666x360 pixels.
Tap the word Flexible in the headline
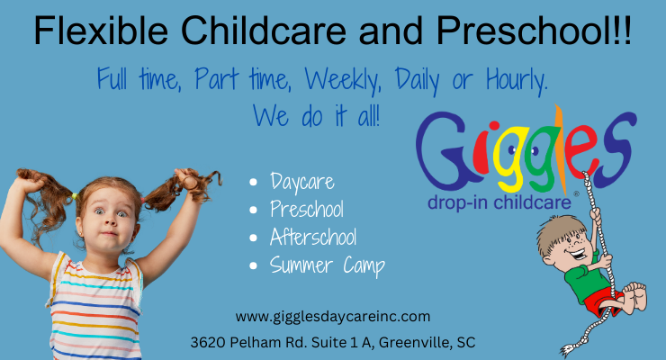(x=101, y=31)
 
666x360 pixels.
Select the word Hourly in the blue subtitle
(x=517, y=81)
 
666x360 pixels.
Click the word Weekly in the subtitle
(x=343, y=81)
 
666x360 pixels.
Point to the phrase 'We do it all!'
(x=317, y=116)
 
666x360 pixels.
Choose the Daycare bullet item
(x=302, y=183)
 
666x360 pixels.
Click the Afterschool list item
(x=313, y=237)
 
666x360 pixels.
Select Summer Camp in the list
(x=327, y=265)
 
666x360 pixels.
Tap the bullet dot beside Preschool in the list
(x=254, y=210)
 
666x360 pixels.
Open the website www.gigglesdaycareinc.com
(x=333, y=317)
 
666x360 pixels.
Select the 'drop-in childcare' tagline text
(x=499, y=202)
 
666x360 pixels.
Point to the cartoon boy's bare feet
(x=635, y=295)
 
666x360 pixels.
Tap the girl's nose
(x=109, y=220)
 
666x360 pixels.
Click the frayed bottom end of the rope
(x=568, y=351)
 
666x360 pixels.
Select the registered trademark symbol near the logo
(x=576, y=193)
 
